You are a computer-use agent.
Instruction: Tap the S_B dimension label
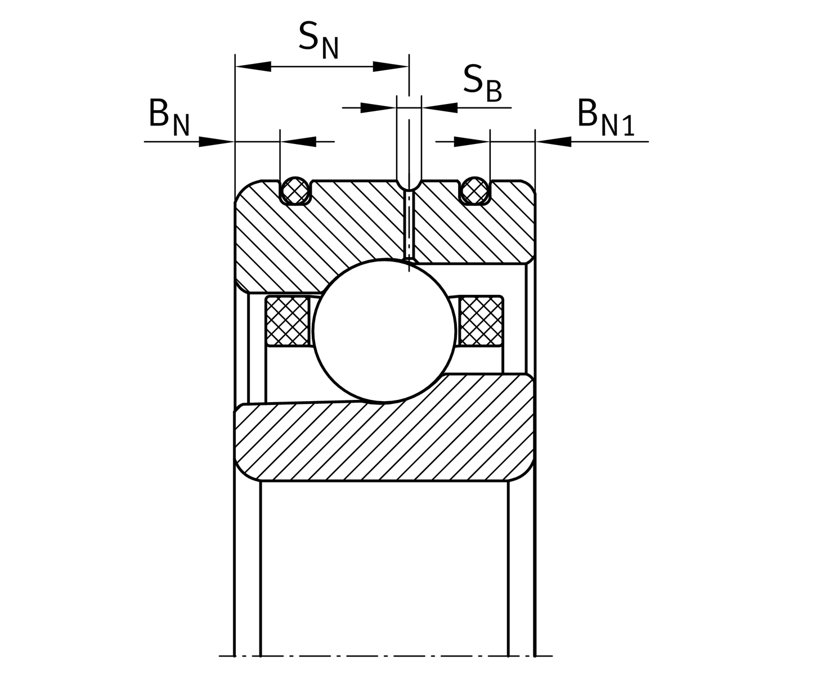point(482,83)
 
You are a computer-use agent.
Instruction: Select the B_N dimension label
point(168,118)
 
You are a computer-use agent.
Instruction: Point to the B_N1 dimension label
point(606,118)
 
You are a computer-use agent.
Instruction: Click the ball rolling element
point(384,331)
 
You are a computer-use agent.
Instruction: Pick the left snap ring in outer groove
point(295,190)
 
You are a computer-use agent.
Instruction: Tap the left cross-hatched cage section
point(287,321)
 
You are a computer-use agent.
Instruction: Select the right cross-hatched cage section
point(481,321)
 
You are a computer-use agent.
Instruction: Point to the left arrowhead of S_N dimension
point(253,67)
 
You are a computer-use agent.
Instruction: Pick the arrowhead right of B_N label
point(216,141)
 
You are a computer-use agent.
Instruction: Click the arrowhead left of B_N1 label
point(554,141)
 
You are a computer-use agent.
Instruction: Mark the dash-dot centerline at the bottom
point(385,656)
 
